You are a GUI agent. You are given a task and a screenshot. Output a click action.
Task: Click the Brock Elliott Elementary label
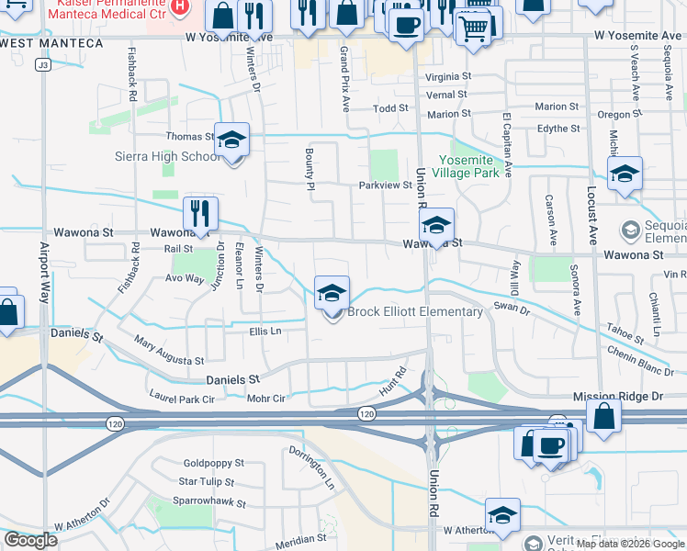tap(414, 312)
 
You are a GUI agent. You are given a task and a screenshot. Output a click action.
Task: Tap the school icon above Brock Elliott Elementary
tap(332, 294)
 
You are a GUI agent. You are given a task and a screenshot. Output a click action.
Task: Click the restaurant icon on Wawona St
tap(200, 215)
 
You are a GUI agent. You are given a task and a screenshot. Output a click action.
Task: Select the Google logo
tap(30, 540)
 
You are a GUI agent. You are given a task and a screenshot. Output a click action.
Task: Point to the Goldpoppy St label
tap(213, 464)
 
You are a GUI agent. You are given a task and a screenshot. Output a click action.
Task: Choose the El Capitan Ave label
tap(506, 146)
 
